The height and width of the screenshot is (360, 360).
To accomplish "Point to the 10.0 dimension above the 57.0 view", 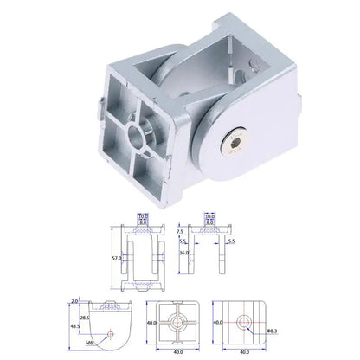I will pyautogui.click(x=143, y=217).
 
